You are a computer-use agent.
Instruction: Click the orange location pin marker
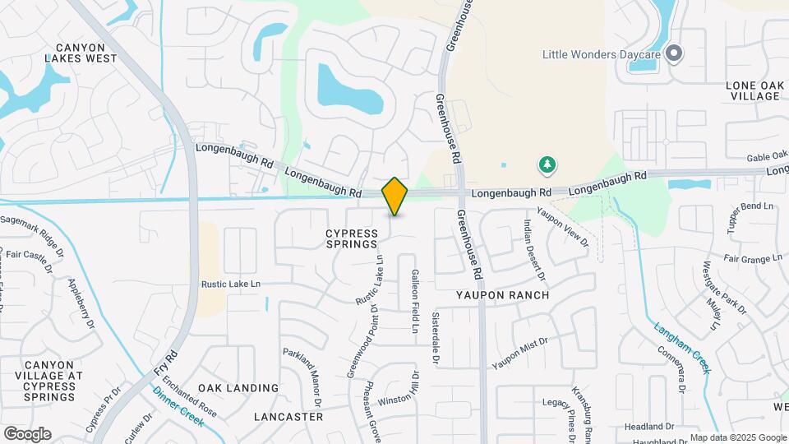tap(394, 196)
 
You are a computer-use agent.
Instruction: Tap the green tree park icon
tap(547, 165)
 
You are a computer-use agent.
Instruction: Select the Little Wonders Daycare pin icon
tap(674, 54)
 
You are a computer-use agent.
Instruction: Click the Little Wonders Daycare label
tap(602, 55)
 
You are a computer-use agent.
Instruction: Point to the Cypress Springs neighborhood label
tap(352, 238)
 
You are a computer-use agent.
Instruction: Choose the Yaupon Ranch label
tap(503, 294)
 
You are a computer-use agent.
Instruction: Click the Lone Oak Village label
tap(753, 90)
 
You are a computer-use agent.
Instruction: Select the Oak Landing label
tap(238, 388)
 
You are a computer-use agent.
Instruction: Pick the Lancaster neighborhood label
tap(288, 417)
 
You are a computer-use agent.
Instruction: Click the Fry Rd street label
tap(166, 364)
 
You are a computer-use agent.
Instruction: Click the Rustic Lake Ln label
tap(230, 284)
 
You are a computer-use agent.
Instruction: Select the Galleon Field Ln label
tap(416, 301)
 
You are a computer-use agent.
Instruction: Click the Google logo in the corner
tap(27, 434)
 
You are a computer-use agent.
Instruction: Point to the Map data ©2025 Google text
tap(737, 437)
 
